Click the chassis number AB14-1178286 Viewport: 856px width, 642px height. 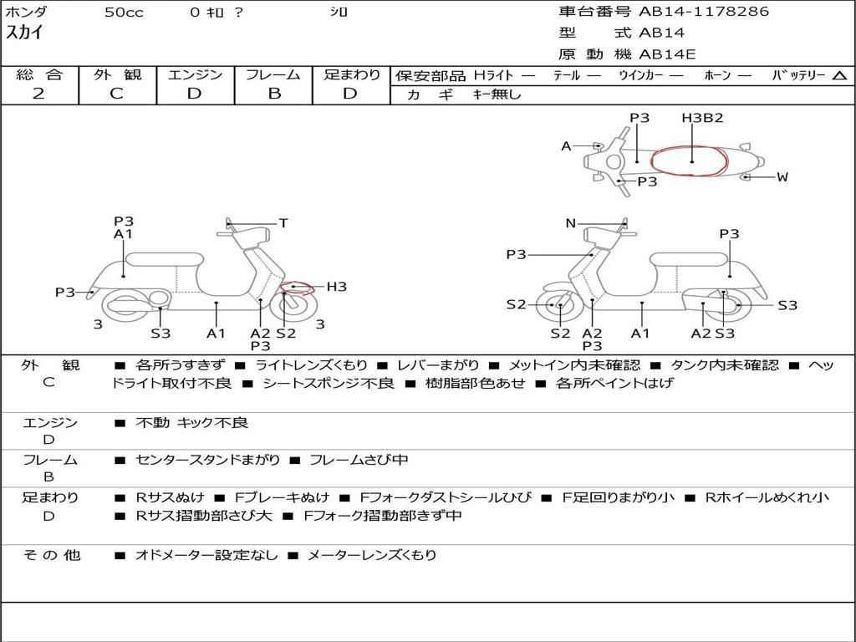(x=704, y=12)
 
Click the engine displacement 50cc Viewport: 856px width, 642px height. (x=124, y=13)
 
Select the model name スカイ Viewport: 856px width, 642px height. (x=24, y=33)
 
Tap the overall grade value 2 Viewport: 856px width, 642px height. (x=38, y=94)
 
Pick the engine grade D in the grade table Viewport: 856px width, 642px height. (x=194, y=94)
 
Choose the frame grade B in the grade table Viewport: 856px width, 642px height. (x=273, y=94)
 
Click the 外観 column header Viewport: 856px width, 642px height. (x=117, y=74)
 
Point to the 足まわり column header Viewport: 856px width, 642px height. (x=351, y=74)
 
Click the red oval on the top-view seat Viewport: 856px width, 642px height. (x=690, y=160)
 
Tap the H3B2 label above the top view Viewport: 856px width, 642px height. (x=702, y=118)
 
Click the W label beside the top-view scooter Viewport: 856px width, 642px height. (x=782, y=177)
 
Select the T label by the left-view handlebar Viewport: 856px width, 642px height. (x=283, y=223)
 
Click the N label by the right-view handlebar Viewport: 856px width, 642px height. (x=570, y=223)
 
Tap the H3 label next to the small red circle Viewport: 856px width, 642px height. (x=336, y=287)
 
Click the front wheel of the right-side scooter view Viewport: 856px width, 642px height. (x=558, y=305)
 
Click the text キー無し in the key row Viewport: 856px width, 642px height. (x=497, y=94)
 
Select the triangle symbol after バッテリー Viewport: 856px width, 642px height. (x=839, y=75)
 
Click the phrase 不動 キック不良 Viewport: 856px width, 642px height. (x=191, y=423)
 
